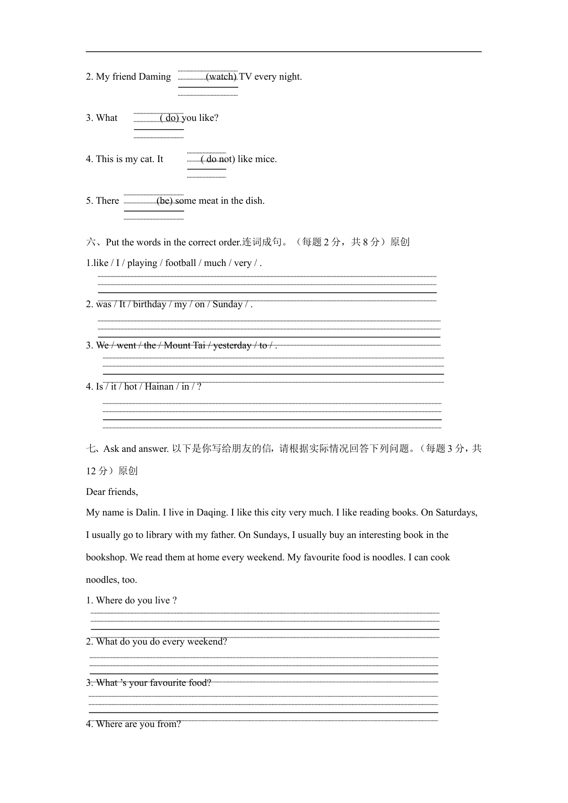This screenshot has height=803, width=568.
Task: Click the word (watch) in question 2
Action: pyautogui.click(x=221, y=77)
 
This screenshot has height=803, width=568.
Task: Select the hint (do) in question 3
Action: pyautogui.click(x=169, y=118)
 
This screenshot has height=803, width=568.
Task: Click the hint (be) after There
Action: pyautogui.click(x=164, y=201)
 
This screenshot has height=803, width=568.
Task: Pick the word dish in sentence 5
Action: pyautogui.click(x=254, y=201)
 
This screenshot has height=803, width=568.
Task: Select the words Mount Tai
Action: pyautogui.click(x=184, y=346)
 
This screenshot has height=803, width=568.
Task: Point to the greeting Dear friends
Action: pyautogui.click(x=112, y=492)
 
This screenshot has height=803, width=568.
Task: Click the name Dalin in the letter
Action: pyautogui.click(x=147, y=513)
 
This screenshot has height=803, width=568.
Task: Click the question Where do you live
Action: pyautogui.click(x=131, y=601)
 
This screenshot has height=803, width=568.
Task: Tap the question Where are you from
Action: pyautogui.click(x=133, y=724)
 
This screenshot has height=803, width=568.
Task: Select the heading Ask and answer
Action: pyautogui.click(x=136, y=449)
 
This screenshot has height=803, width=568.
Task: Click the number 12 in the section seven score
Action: pyautogui.click(x=91, y=472)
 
